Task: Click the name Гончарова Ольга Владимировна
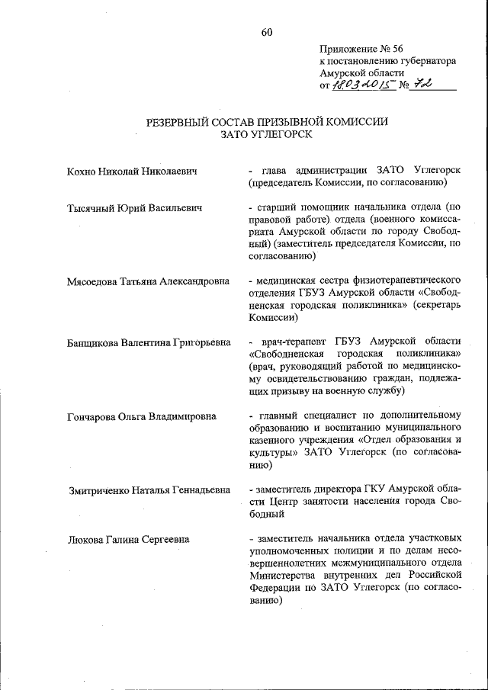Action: coord(141,416)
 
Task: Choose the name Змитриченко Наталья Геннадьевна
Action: coord(149,489)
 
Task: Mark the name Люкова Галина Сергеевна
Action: coord(128,540)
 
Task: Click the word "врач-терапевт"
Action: coord(291,341)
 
